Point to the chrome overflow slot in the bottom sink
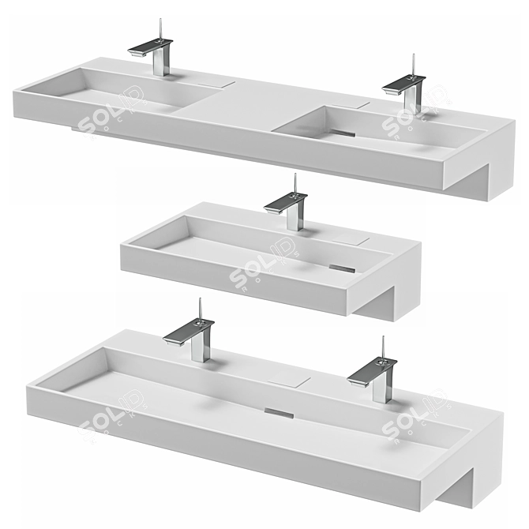(x=280, y=411)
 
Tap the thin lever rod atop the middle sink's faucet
(x=295, y=183)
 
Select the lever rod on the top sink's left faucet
(x=161, y=28)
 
